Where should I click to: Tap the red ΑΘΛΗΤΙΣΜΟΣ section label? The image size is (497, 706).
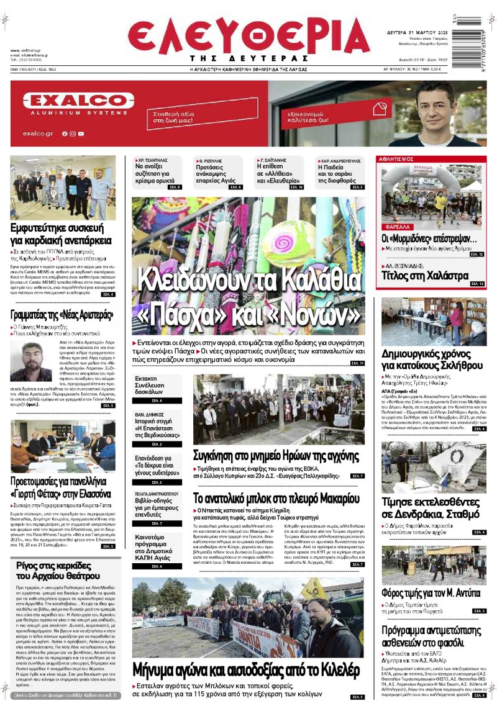coord(396,160)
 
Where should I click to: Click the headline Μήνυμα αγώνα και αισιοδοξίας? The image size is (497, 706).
coord(246,669)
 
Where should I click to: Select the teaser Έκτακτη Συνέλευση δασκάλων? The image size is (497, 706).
coord(148,385)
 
